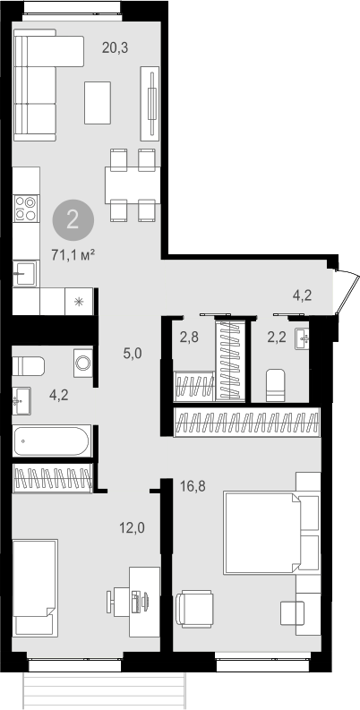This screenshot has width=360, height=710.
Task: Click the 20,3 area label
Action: (115, 48)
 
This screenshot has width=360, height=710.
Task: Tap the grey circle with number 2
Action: (73, 220)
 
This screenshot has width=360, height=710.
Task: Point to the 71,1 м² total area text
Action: (73, 256)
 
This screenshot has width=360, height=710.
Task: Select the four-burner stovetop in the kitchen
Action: (25, 209)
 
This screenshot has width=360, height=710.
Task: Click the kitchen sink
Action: (24, 273)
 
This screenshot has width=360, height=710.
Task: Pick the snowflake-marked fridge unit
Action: (79, 301)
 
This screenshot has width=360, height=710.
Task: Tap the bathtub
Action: (51, 441)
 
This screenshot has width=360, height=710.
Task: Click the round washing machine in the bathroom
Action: (83, 364)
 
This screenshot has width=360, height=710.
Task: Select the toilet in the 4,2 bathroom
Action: (28, 366)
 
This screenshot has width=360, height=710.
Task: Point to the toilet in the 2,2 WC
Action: (275, 385)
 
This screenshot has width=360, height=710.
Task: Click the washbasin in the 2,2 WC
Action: (303, 338)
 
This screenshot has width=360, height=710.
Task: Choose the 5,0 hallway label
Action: (133, 353)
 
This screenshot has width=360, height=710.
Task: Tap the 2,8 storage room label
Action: (189, 338)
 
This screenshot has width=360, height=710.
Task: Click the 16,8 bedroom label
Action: (193, 486)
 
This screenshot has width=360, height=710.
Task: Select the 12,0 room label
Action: (132, 527)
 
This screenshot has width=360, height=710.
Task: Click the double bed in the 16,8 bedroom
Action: (262, 534)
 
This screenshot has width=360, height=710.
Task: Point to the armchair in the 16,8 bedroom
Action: (194, 608)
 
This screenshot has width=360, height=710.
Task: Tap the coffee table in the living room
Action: (98, 103)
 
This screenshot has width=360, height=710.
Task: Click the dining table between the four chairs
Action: (132, 185)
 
